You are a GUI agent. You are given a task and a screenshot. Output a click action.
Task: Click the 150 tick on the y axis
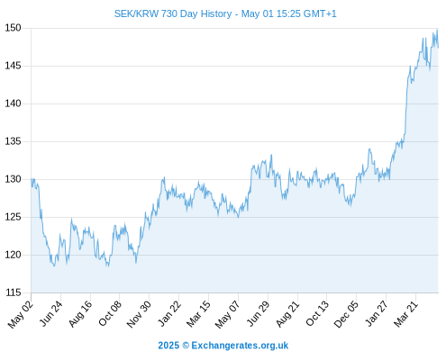click(x=13, y=28)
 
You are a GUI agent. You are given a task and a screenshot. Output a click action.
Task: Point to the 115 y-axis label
click(x=13, y=292)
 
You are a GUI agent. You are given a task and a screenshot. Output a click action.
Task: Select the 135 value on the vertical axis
click(x=13, y=141)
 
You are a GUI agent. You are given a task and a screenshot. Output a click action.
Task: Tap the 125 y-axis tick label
click(x=13, y=217)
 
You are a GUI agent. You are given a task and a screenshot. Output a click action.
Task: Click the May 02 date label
click(x=21, y=314)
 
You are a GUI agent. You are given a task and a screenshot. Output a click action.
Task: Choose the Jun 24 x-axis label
click(x=51, y=313)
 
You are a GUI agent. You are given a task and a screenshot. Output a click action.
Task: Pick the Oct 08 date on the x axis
click(x=110, y=313)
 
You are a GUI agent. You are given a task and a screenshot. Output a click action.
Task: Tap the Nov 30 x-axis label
click(x=139, y=314)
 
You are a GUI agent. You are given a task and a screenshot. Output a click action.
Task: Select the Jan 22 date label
click(x=169, y=313)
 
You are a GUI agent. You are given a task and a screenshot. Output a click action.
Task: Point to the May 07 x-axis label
click(x=228, y=314)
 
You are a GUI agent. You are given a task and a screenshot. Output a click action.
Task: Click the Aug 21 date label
click(x=288, y=313)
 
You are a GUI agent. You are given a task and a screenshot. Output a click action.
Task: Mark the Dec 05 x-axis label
click(x=346, y=314)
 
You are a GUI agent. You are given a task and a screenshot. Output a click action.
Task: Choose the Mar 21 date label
click(x=406, y=313)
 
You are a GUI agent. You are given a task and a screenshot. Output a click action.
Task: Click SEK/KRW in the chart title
click(x=136, y=13)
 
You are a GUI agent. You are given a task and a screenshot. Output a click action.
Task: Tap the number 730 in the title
click(x=169, y=13)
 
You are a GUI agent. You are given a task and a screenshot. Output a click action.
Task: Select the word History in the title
click(x=216, y=14)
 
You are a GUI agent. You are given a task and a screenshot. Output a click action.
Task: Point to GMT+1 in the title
click(x=320, y=13)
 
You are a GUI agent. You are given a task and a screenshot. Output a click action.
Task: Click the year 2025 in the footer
click(x=168, y=346)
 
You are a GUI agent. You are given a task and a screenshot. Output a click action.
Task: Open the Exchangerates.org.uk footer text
click(x=240, y=346)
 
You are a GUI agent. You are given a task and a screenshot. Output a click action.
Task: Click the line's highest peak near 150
click(x=437, y=30)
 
